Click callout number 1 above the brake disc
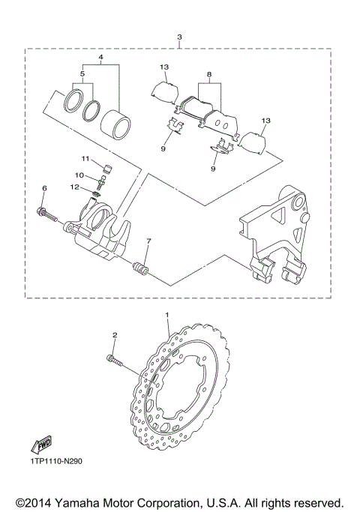click(x=167, y=316)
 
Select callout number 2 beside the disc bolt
click(x=115, y=336)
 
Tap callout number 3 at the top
click(x=179, y=37)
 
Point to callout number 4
click(x=100, y=57)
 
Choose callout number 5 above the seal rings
click(x=83, y=75)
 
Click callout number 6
click(x=44, y=187)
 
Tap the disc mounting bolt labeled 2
click(x=118, y=364)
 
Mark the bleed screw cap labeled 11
click(x=106, y=166)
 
